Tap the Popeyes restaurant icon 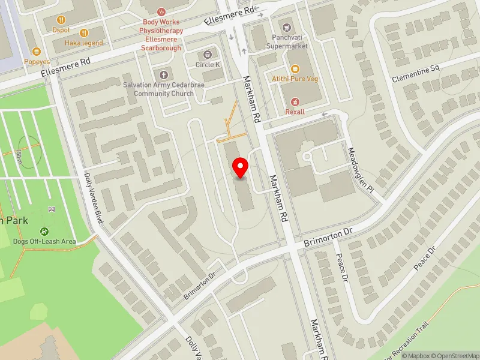(x=37, y=52)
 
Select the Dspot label (x=61, y=30)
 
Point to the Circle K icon (x=209, y=55)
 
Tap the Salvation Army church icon (x=163, y=74)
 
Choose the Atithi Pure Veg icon (x=295, y=70)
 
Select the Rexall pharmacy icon (x=295, y=102)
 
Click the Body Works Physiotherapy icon (x=161, y=11)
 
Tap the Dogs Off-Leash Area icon (x=44, y=231)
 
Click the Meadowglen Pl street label (x=362, y=170)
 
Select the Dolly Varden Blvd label (x=95, y=199)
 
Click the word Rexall (x=295, y=112)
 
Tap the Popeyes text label (x=37, y=62)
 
